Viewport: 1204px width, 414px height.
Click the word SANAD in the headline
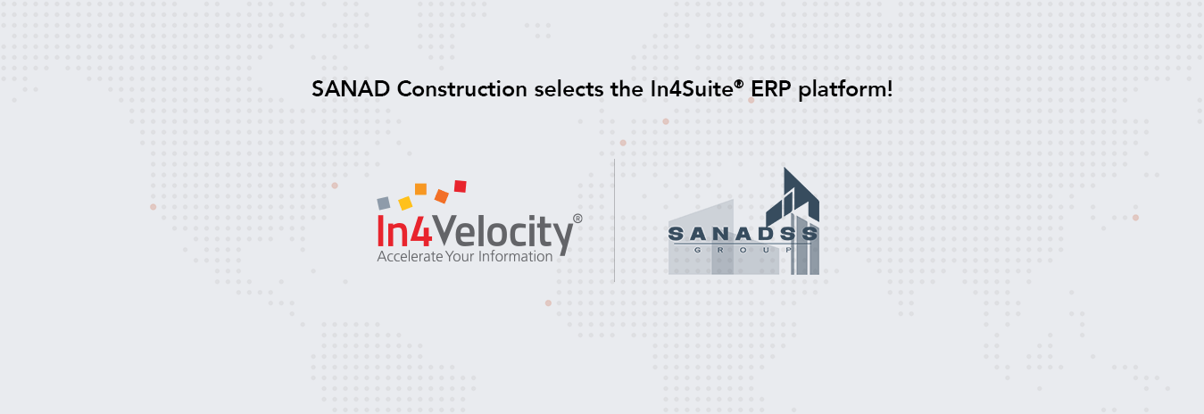tap(351, 89)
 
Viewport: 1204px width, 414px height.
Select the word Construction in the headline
tap(462, 89)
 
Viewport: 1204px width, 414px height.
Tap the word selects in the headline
tap(569, 89)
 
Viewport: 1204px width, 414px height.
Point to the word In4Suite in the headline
tap(693, 88)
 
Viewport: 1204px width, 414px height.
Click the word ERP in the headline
tap(771, 89)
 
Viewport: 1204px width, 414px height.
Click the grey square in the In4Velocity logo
tap(383, 203)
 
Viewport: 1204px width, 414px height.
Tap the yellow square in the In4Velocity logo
tap(405, 203)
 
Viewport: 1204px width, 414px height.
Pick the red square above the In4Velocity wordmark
tap(461, 186)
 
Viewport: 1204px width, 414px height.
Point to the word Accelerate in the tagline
tap(411, 256)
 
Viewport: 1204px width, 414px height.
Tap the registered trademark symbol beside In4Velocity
tap(577, 219)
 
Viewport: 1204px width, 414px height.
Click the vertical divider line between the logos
tap(614, 220)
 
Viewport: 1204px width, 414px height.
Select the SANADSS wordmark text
tap(743, 234)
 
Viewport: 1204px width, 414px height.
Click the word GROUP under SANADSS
tap(743, 250)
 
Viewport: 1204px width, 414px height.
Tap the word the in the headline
tap(627, 89)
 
